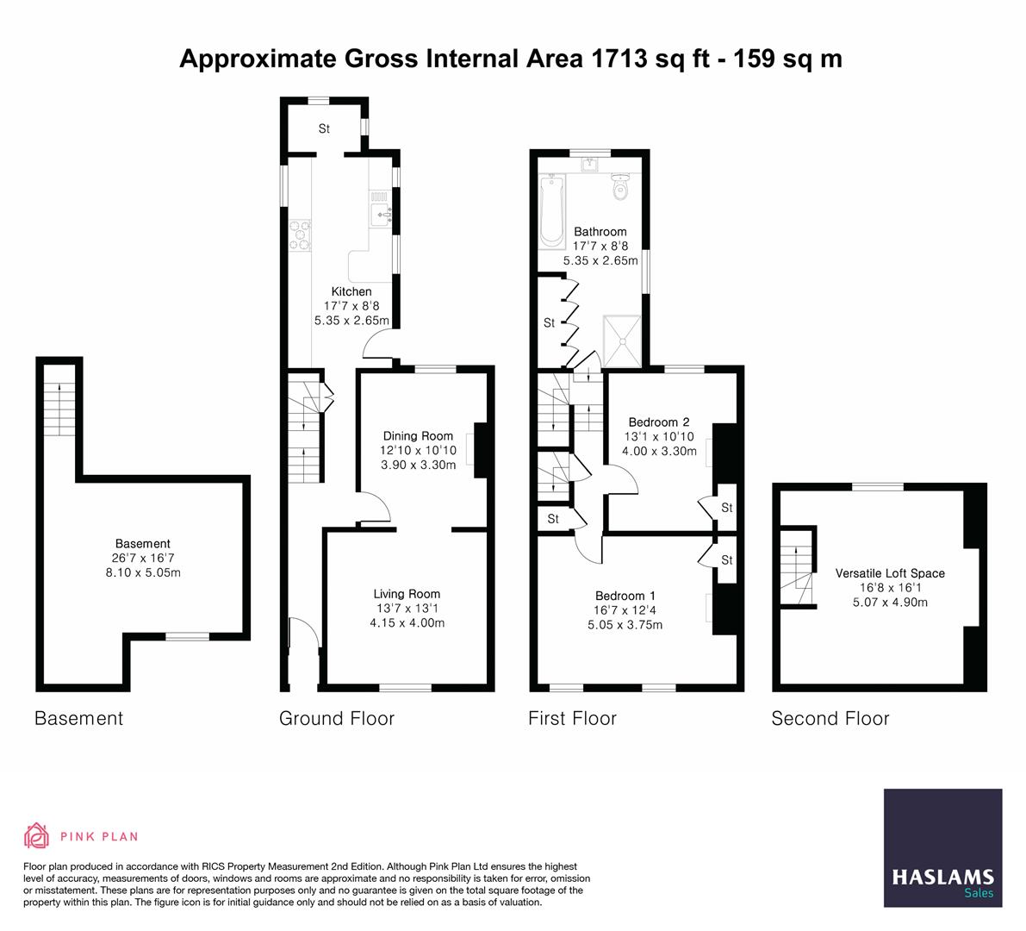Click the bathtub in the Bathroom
click(x=551, y=210)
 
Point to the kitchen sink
click(x=379, y=209)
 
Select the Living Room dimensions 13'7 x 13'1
click(x=407, y=609)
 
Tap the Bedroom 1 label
click(x=625, y=596)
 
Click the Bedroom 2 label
click(x=659, y=422)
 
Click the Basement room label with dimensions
click(x=143, y=558)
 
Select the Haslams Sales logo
click(x=942, y=847)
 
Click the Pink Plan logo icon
click(x=36, y=835)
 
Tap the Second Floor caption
click(x=830, y=718)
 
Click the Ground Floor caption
click(x=337, y=718)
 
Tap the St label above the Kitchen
click(x=324, y=129)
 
